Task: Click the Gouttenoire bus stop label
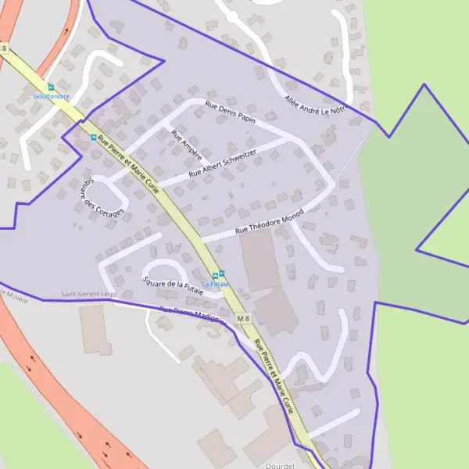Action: (51, 96)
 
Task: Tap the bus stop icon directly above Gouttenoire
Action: (51, 87)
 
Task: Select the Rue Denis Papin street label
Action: (231, 113)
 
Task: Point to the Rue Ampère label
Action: (186, 145)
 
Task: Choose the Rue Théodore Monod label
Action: (269, 224)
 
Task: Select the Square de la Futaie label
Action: (173, 285)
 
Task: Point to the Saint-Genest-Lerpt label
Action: (89, 295)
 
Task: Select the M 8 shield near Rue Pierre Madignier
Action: (244, 317)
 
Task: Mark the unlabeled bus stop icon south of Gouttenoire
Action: (94, 138)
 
